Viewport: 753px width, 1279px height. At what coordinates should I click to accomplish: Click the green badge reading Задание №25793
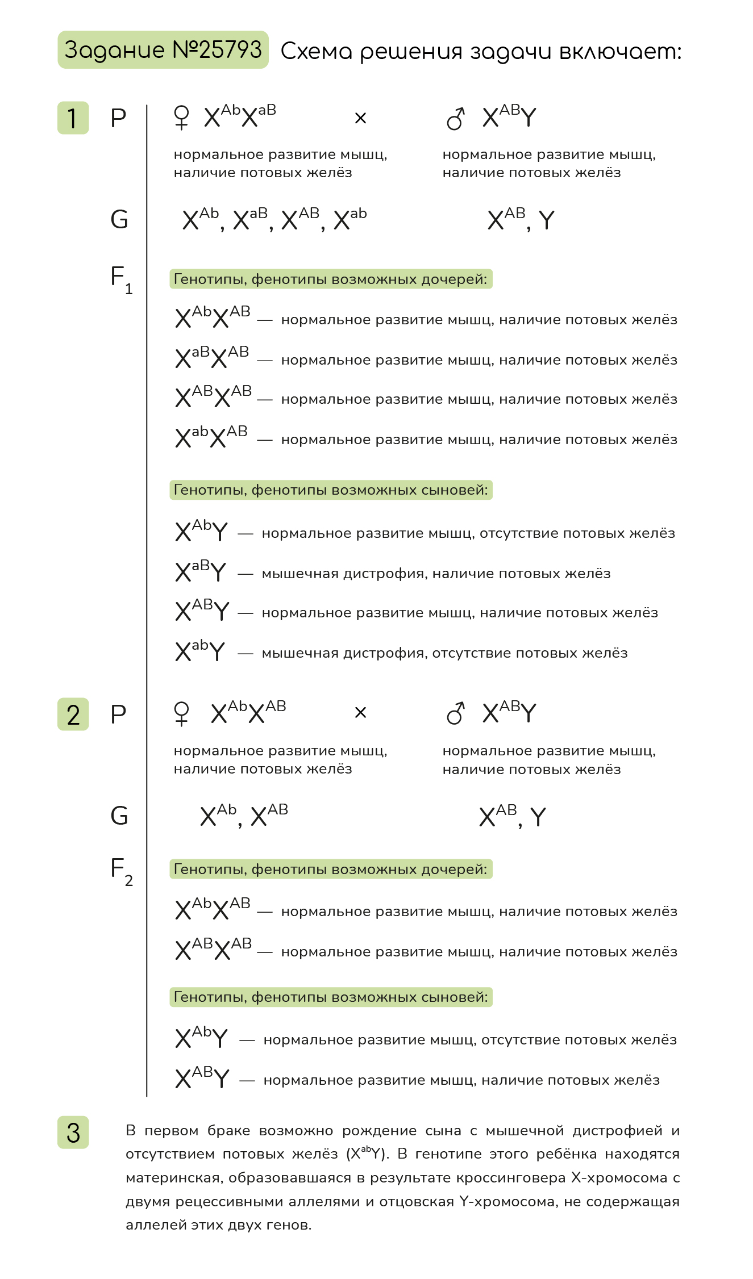click(163, 50)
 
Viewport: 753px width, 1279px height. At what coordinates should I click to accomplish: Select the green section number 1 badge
click(73, 118)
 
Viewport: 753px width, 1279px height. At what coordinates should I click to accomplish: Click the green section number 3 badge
click(73, 1132)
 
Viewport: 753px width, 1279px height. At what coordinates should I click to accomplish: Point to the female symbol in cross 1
click(181, 118)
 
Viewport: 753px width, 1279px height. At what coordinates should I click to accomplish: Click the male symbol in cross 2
click(456, 713)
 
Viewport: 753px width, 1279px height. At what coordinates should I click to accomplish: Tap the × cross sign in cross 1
click(360, 118)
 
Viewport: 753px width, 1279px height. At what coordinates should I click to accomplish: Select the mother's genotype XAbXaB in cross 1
click(240, 116)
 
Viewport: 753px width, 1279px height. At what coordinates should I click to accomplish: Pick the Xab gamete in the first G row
click(350, 219)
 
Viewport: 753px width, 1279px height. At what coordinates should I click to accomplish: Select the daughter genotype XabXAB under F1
click(211, 437)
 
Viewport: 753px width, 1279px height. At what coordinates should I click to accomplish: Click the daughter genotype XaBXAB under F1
click(212, 357)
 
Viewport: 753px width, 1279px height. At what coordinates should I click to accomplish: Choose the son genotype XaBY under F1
click(201, 571)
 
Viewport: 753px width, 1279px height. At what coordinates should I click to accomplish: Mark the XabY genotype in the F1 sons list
click(200, 651)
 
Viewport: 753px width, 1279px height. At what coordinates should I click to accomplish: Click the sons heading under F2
click(331, 997)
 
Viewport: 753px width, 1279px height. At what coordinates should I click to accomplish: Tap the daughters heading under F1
click(331, 279)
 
